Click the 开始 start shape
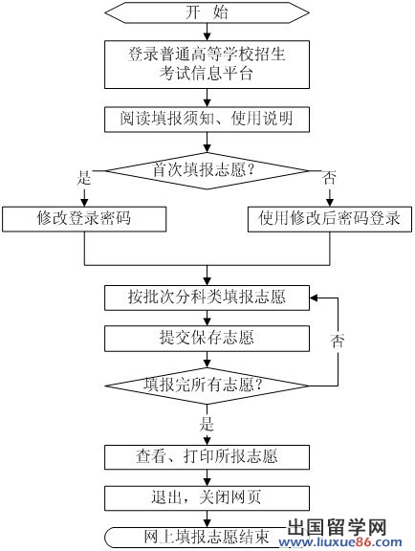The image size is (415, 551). click(x=207, y=13)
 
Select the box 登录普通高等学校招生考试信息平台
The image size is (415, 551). click(x=207, y=64)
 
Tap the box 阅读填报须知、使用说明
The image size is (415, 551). click(x=207, y=119)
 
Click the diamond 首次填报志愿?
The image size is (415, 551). click(x=207, y=171)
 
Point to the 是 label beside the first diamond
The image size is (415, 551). click(x=84, y=177)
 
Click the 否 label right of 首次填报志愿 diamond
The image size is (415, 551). click(x=329, y=177)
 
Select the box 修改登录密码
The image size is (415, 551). click(x=84, y=219)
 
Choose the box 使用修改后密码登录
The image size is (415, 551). click(x=330, y=219)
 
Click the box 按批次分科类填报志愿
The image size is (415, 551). click(x=207, y=298)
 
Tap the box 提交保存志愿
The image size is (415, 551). click(x=207, y=339)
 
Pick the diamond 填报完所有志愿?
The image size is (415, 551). click(x=207, y=386)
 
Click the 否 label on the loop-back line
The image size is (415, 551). click(x=338, y=341)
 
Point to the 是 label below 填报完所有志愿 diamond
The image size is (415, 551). click(x=207, y=424)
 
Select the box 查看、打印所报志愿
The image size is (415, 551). click(x=207, y=457)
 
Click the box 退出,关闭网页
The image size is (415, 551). click(x=207, y=498)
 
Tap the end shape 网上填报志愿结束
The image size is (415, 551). click(x=197, y=538)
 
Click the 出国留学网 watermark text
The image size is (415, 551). click(x=337, y=527)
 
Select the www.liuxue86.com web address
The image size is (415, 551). click(x=340, y=542)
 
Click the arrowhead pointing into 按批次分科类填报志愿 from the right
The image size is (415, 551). click(x=314, y=298)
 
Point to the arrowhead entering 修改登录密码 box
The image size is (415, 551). click(x=84, y=203)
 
